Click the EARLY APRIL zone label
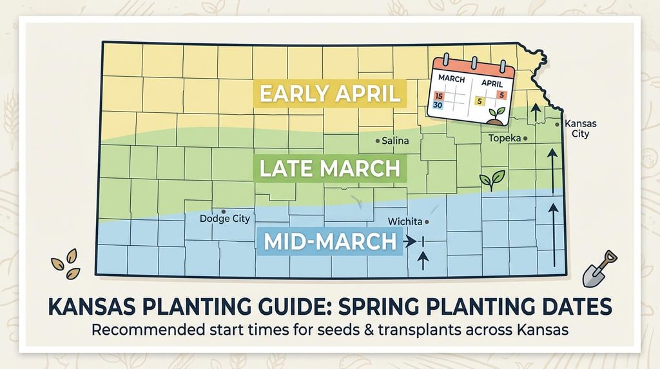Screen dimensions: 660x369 pyautogui.click(x=329, y=94)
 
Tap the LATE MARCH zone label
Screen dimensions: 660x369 pyautogui.click(x=329, y=168)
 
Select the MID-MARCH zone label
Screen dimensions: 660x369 pyautogui.click(x=330, y=241)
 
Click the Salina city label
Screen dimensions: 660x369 pyautogui.click(x=395, y=141)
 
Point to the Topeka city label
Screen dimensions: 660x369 pyautogui.click(x=505, y=138)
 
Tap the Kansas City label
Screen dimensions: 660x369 pyautogui.click(x=581, y=128)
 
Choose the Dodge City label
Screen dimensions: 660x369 pyautogui.click(x=225, y=219)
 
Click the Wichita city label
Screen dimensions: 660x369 pyautogui.click(x=405, y=221)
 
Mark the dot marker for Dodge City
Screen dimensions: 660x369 pyautogui.click(x=224, y=212)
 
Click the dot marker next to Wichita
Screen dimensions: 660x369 pyautogui.click(x=427, y=221)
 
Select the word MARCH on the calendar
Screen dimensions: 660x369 pyautogui.click(x=451, y=79)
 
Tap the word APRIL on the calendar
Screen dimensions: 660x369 pyautogui.click(x=492, y=83)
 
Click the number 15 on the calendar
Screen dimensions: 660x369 pyautogui.click(x=439, y=97)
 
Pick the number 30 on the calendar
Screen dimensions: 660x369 pyautogui.click(x=438, y=105)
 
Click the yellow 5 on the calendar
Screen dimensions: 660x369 pyautogui.click(x=479, y=101)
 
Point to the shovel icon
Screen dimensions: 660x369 pyautogui.click(x=599, y=270)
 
